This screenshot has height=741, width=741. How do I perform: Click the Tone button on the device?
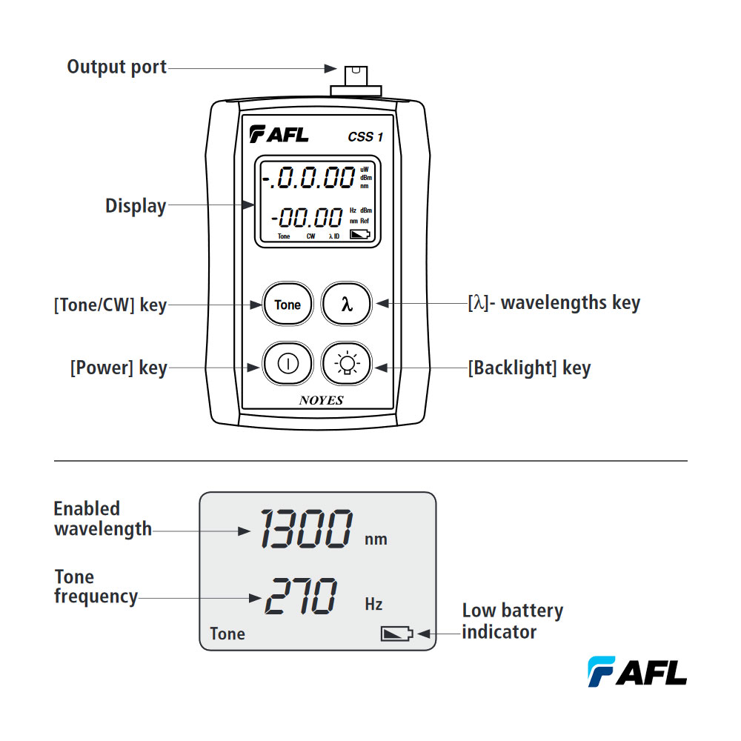click(288, 305)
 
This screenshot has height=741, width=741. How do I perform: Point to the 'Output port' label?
click(116, 67)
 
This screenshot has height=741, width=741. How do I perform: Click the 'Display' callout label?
click(136, 206)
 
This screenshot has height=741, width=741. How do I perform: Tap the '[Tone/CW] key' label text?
click(110, 305)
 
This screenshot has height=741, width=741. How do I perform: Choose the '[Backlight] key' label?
click(529, 368)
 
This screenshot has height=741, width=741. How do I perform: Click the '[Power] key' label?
click(119, 368)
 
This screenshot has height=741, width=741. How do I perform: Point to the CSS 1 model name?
click(365, 136)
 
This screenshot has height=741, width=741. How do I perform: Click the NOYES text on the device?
click(321, 400)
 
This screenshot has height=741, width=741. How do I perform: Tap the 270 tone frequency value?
click(300, 597)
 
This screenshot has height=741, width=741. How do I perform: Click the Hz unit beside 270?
click(373, 604)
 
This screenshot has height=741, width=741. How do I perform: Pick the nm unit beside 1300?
click(376, 539)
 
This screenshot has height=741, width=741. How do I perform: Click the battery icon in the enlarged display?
click(396, 634)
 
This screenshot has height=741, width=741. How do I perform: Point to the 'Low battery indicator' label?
click(512, 621)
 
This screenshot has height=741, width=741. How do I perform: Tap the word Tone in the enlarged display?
click(227, 634)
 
